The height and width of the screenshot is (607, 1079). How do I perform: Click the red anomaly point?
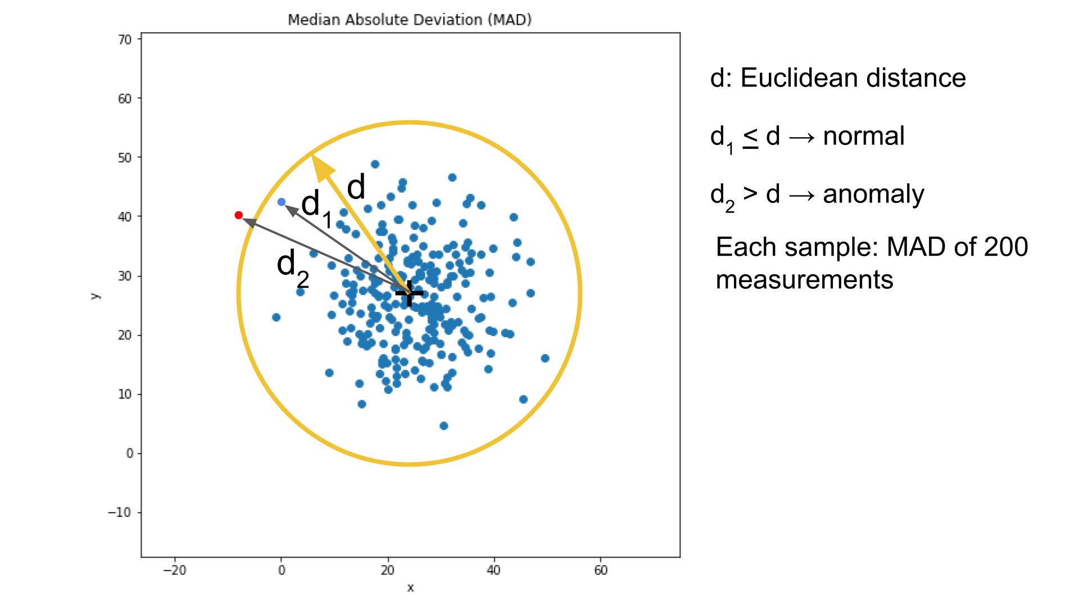coord(238,215)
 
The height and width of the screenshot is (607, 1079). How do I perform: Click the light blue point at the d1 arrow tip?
coord(282,202)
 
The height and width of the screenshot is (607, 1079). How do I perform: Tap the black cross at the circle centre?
coord(409,293)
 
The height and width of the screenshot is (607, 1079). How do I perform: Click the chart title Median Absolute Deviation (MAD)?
coord(410,20)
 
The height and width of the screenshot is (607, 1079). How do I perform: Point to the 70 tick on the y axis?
coord(125,39)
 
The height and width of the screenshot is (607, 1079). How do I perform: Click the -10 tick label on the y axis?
coord(119,513)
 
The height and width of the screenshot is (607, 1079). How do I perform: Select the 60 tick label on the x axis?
coord(600,570)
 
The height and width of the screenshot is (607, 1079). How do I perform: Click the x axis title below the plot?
coord(410,588)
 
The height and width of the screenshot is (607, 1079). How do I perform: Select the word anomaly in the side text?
coord(873,194)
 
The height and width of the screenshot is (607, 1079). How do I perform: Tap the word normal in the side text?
coord(864,136)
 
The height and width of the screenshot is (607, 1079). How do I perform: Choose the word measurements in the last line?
coord(804,279)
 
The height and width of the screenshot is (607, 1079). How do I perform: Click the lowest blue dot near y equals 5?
coord(443,425)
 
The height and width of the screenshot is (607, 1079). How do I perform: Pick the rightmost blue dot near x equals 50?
coord(545,358)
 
